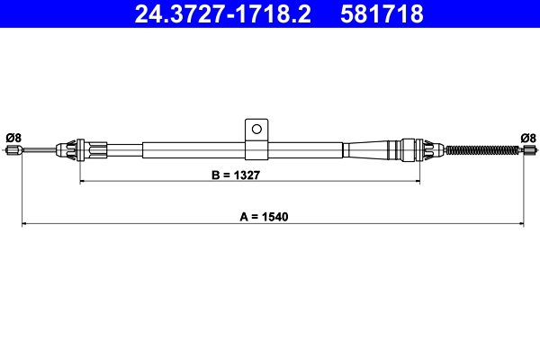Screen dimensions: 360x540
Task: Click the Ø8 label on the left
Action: click(13, 138)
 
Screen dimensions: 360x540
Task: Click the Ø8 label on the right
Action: click(528, 138)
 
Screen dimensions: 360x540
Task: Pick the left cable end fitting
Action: click(13, 151)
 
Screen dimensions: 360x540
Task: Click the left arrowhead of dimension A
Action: click(24, 223)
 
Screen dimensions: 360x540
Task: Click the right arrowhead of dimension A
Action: click(522, 223)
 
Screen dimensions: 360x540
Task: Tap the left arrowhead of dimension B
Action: click(84, 183)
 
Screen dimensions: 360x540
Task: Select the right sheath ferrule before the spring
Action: click(417, 148)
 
